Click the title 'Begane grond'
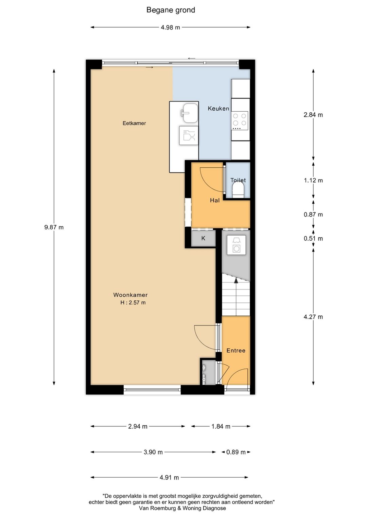click(x=171, y=10)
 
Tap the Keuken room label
click(x=219, y=109)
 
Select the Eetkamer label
click(x=134, y=123)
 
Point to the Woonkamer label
click(x=130, y=295)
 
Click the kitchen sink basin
click(x=190, y=113)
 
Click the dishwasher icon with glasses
click(x=189, y=135)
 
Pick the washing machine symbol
click(x=236, y=245)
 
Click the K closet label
click(x=203, y=238)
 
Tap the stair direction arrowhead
click(x=236, y=280)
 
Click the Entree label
click(x=236, y=351)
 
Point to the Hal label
click(x=215, y=200)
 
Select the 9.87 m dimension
click(x=54, y=227)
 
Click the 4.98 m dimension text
click(x=171, y=27)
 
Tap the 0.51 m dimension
click(x=313, y=238)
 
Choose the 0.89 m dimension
click(x=236, y=452)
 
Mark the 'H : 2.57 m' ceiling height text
click(x=133, y=302)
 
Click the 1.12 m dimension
click(x=313, y=180)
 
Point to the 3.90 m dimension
click(x=153, y=452)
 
